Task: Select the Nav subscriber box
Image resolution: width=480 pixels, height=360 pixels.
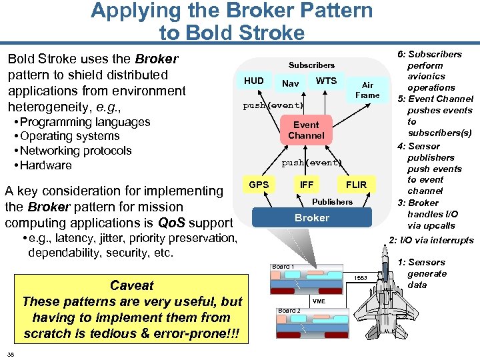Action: click(290, 84)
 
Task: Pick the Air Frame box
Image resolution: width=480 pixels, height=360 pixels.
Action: click(367, 90)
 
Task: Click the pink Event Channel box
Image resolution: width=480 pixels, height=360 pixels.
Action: click(307, 130)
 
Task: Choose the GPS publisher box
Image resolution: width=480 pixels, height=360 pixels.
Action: click(259, 184)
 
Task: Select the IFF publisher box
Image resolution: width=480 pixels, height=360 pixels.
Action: click(307, 185)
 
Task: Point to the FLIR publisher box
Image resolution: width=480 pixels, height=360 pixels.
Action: click(356, 185)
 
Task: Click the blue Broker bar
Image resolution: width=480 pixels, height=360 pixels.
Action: click(311, 218)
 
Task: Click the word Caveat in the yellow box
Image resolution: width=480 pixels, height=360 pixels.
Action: click(131, 286)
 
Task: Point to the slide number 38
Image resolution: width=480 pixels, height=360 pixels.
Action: click(11, 353)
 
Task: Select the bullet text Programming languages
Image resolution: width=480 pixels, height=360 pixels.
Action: click(85, 122)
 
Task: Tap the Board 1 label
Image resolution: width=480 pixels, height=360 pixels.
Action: click(282, 267)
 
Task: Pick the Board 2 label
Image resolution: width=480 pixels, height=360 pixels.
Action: click(289, 311)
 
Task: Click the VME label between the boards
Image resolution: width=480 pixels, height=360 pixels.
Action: click(318, 301)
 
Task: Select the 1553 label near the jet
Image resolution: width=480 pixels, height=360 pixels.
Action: click(361, 277)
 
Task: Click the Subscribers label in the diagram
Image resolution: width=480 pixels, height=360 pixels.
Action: click(311, 65)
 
